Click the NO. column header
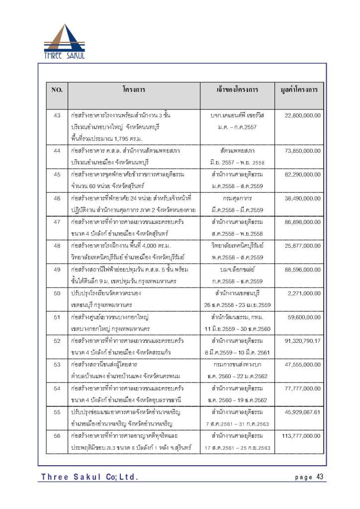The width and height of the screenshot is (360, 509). (57, 90)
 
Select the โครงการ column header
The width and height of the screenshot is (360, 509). (134, 90)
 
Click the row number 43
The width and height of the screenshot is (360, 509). (57, 115)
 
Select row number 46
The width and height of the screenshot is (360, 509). (57, 198)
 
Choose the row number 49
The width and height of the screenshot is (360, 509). (57, 269)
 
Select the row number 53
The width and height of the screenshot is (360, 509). (57, 365)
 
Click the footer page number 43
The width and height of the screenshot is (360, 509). (319, 477)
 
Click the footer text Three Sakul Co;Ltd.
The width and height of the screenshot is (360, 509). (90, 477)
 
